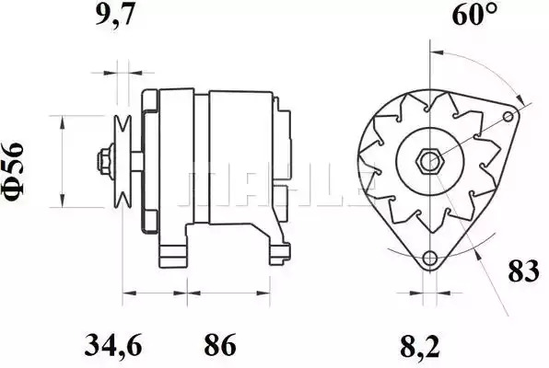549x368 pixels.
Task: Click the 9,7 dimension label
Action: pyautogui.click(x=114, y=15)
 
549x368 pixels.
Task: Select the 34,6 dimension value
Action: pyautogui.click(x=113, y=346)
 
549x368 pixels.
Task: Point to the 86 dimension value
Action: pyautogui.click(x=220, y=346)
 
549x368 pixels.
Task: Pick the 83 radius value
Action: pyautogui.click(x=523, y=271)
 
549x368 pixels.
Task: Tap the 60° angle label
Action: pyautogui.click(x=474, y=15)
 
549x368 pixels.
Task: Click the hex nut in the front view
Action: pyautogui.click(x=429, y=162)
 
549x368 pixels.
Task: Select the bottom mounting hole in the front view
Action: pyautogui.click(x=429, y=259)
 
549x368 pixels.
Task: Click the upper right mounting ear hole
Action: pyautogui.click(x=508, y=116)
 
